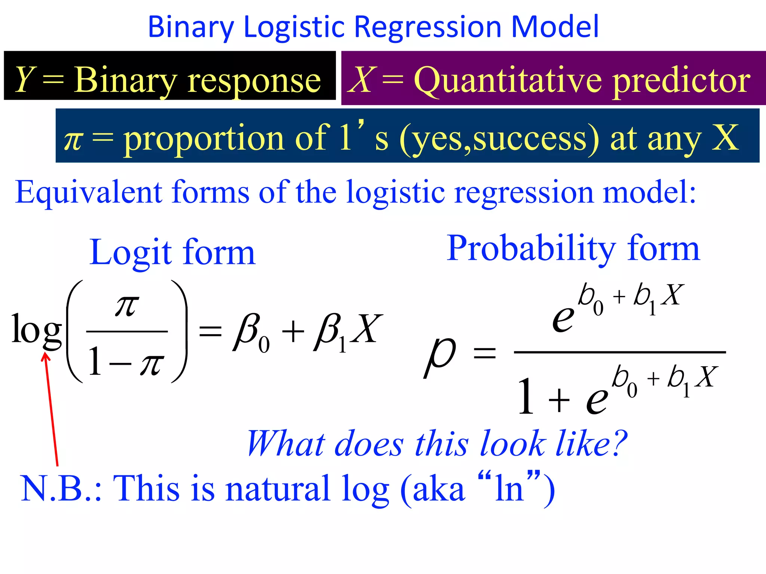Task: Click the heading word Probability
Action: pos(531,249)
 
